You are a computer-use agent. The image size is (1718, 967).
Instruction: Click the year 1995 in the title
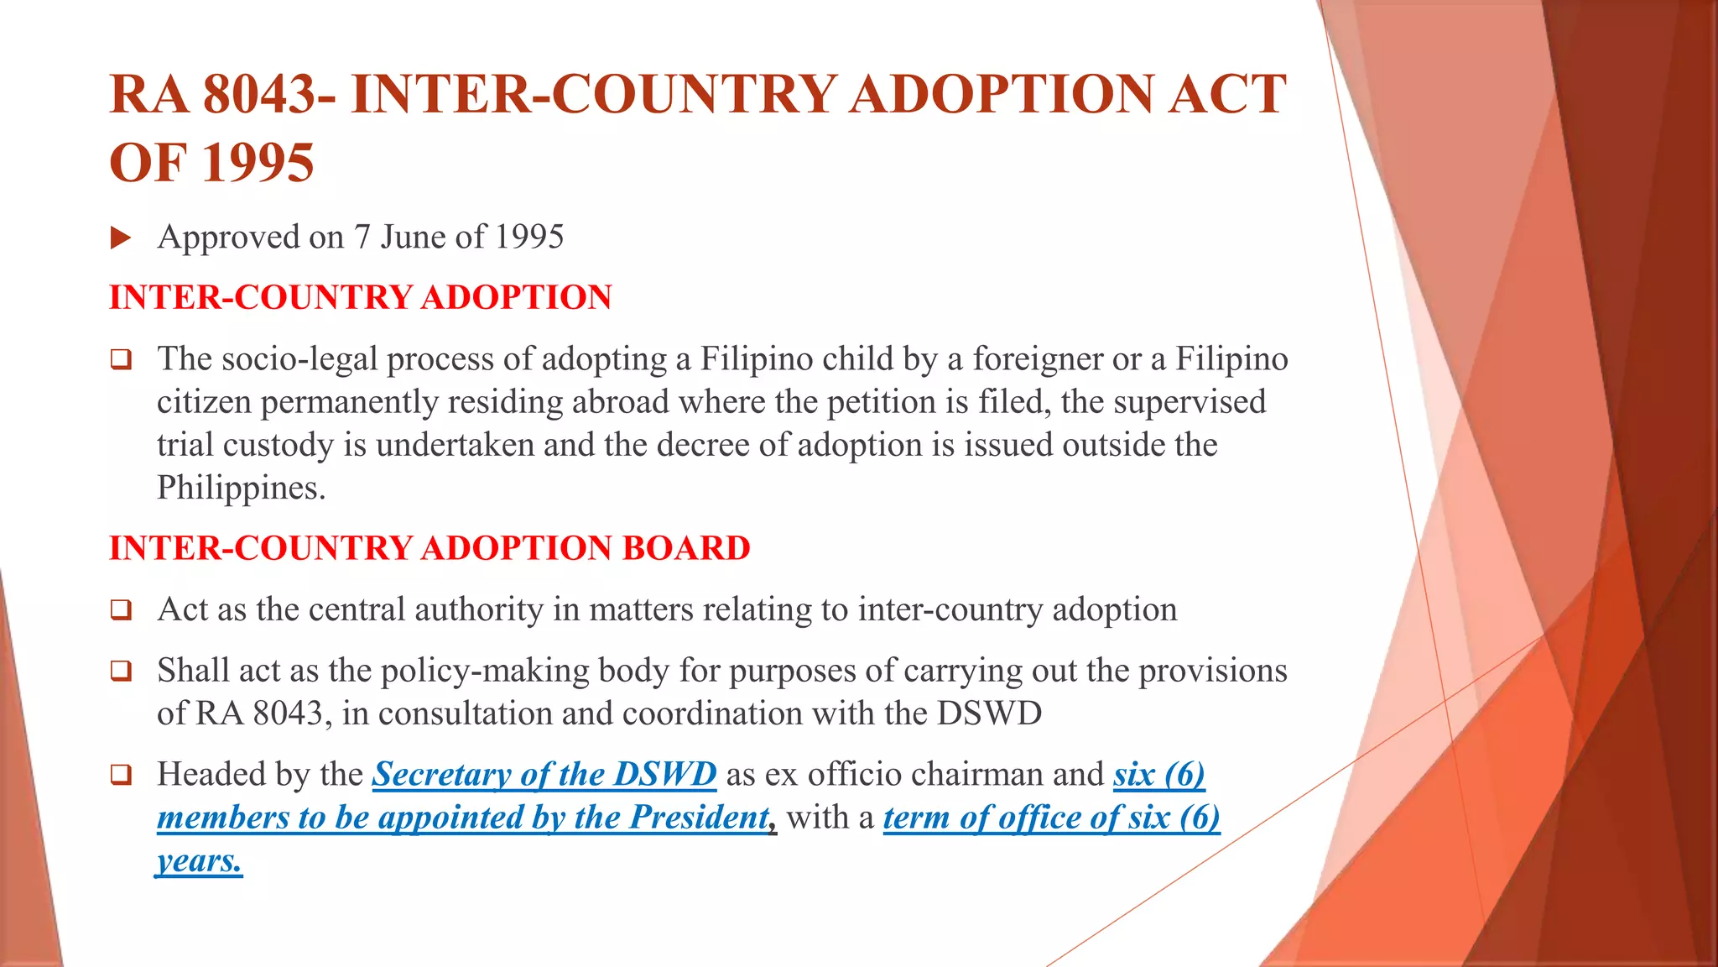click(258, 163)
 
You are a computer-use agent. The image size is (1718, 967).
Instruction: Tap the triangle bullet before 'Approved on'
click(121, 238)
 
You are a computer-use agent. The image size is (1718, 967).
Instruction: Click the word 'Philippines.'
click(242, 489)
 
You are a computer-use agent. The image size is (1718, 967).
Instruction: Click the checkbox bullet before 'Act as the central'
click(121, 610)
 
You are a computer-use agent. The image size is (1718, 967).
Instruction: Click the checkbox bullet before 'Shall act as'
click(121, 672)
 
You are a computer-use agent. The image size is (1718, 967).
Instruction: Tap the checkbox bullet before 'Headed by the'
click(121, 775)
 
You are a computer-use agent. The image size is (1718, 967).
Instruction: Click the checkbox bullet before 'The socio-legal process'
click(121, 360)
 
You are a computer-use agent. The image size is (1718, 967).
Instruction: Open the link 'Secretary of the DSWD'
click(544, 775)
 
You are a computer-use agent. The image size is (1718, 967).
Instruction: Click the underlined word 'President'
click(699, 818)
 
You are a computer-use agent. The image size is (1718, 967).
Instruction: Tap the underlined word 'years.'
click(199, 861)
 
